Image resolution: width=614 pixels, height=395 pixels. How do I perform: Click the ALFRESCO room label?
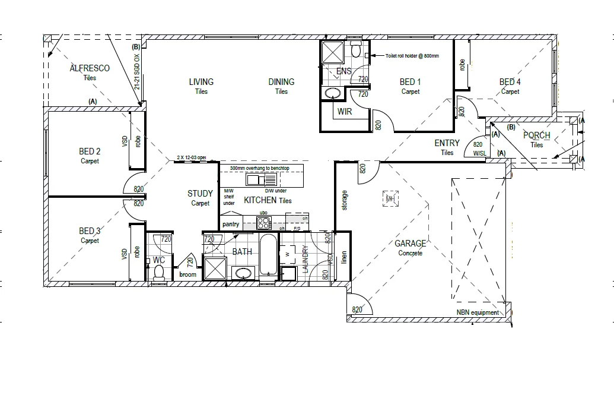90,69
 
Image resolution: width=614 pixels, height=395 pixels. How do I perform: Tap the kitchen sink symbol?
258,179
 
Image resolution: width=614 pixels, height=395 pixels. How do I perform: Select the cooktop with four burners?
263,223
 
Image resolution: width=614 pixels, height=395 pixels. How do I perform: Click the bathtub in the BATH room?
268,254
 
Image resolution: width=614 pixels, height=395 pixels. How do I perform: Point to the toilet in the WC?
158,273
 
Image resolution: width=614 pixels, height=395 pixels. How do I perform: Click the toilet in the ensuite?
356,50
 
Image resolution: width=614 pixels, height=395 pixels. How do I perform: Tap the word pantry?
231,225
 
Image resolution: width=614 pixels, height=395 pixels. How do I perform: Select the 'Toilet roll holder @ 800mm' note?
412,56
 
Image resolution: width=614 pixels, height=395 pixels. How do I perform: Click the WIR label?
345,112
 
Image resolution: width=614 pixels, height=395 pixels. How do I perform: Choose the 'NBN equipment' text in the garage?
478,312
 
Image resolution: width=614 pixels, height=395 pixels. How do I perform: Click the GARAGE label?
411,244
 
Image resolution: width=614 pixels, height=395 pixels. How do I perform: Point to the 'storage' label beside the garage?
345,200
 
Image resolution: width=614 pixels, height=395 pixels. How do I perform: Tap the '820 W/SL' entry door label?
479,148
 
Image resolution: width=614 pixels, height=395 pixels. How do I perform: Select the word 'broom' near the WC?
187,275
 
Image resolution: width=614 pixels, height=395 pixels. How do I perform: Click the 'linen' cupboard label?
344,258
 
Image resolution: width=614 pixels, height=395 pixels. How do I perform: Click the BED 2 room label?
90,151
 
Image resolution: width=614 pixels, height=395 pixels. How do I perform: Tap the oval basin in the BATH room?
243,273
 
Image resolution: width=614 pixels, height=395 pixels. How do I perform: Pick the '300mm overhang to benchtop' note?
259,169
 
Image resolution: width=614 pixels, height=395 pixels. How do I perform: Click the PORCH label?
536,136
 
